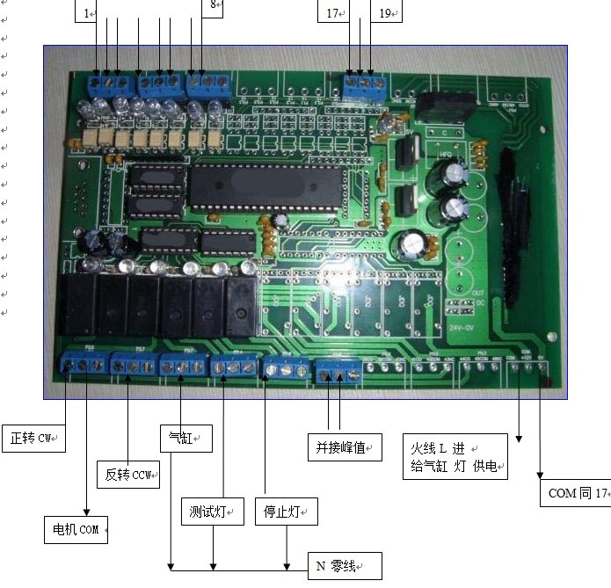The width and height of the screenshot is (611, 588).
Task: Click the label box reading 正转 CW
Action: point(36,437)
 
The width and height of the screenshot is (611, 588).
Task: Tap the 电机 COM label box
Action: point(76,529)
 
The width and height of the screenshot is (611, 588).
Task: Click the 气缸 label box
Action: point(185,437)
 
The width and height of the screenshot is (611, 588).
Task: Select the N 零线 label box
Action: point(344,566)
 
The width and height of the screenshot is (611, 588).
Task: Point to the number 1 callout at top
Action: point(87,12)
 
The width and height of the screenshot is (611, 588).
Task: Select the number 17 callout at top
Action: point(332,12)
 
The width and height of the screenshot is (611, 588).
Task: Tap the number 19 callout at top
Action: point(386,12)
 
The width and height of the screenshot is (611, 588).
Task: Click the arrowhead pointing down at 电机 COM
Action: point(86,512)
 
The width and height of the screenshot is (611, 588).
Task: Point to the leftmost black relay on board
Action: point(76,303)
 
